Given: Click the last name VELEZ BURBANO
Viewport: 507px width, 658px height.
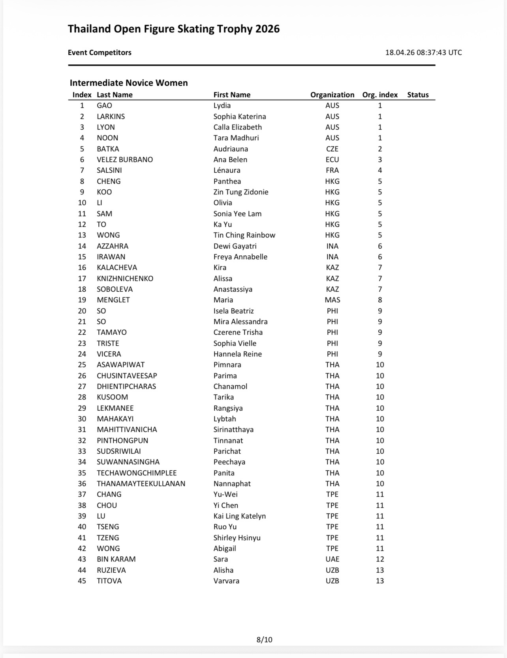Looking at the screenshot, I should click(x=125, y=160).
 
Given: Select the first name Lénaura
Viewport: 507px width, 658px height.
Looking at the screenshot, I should click(x=227, y=170).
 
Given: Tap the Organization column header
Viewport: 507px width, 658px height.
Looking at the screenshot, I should click(x=332, y=95).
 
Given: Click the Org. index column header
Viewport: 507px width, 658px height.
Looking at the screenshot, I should click(x=380, y=95).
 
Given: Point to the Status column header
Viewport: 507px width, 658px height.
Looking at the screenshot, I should click(x=418, y=95).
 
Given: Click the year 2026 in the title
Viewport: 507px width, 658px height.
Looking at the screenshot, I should click(x=267, y=29).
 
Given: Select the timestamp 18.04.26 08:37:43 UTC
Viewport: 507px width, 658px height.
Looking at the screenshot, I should click(x=423, y=53).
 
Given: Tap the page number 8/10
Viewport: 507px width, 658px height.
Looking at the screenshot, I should click(x=264, y=639).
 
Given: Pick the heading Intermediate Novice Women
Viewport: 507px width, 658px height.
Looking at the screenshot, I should click(x=129, y=83).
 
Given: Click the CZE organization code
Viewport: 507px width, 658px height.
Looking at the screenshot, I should click(x=332, y=149).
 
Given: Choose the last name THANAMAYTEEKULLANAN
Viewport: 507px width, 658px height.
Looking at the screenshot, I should click(x=141, y=484).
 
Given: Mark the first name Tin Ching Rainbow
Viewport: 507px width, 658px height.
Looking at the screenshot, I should click(x=244, y=235).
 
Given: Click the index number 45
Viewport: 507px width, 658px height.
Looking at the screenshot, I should click(x=82, y=581).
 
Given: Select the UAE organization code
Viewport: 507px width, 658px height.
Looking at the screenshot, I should click(x=332, y=559).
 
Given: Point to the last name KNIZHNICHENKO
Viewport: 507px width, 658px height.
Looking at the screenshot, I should click(x=125, y=279).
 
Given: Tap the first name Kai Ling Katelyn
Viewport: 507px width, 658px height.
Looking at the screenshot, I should click(x=239, y=516).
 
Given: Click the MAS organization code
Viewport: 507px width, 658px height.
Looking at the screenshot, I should click(x=332, y=300).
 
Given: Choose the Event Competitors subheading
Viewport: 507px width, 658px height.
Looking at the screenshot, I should click(x=100, y=53).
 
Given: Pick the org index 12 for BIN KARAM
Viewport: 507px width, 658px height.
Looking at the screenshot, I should click(x=380, y=559).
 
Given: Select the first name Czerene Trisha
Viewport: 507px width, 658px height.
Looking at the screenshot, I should click(x=238, y=332).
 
